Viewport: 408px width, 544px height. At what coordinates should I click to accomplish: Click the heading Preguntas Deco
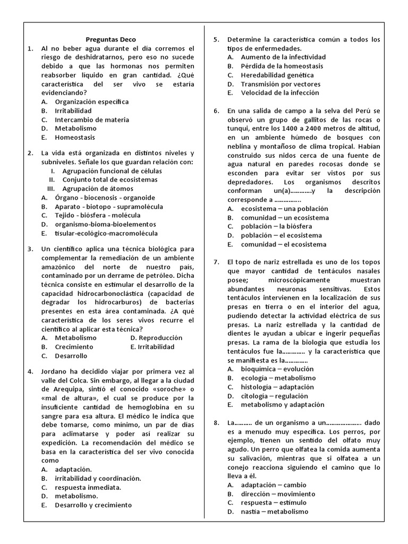[x=111, y=39]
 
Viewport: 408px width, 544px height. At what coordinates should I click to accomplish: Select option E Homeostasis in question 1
[x=75, y=137]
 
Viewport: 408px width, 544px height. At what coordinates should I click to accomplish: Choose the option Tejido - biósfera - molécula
[x=97, y=215]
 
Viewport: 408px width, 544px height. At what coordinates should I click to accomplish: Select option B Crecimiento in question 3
[x=74, y=347]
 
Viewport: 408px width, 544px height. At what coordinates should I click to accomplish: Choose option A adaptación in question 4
[x=73, y=470]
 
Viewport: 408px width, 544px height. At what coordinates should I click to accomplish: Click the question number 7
[x=216, y=262]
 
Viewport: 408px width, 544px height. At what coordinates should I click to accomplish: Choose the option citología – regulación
[x=274, y=396]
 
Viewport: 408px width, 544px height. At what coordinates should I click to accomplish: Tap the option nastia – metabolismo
[x=274, y=512]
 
